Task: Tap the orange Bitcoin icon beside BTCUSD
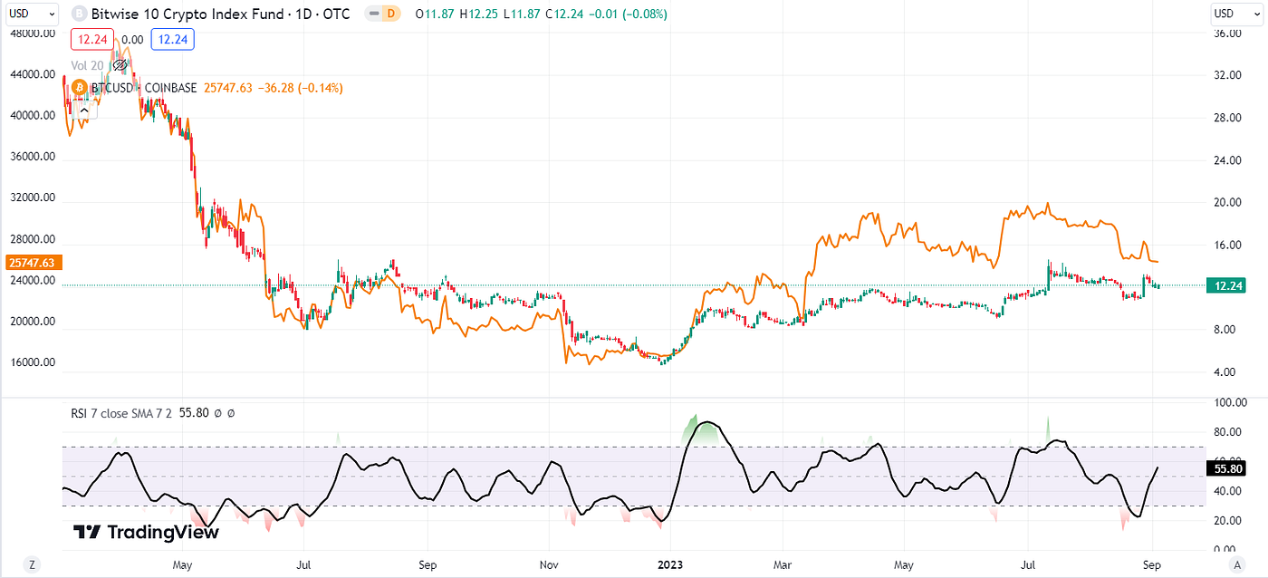(78, 88)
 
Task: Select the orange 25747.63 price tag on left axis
(31, 263)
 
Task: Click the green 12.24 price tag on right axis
(1228, 285)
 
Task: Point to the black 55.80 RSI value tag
(1227, 468)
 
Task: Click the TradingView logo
(145, 532)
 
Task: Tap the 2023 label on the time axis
(671, 564)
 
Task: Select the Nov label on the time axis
(549, 564)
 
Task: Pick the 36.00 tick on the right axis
(1226, 34)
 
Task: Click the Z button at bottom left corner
(32, 564)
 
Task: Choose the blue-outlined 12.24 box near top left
(173, 39)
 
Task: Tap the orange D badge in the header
(390, 14)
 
